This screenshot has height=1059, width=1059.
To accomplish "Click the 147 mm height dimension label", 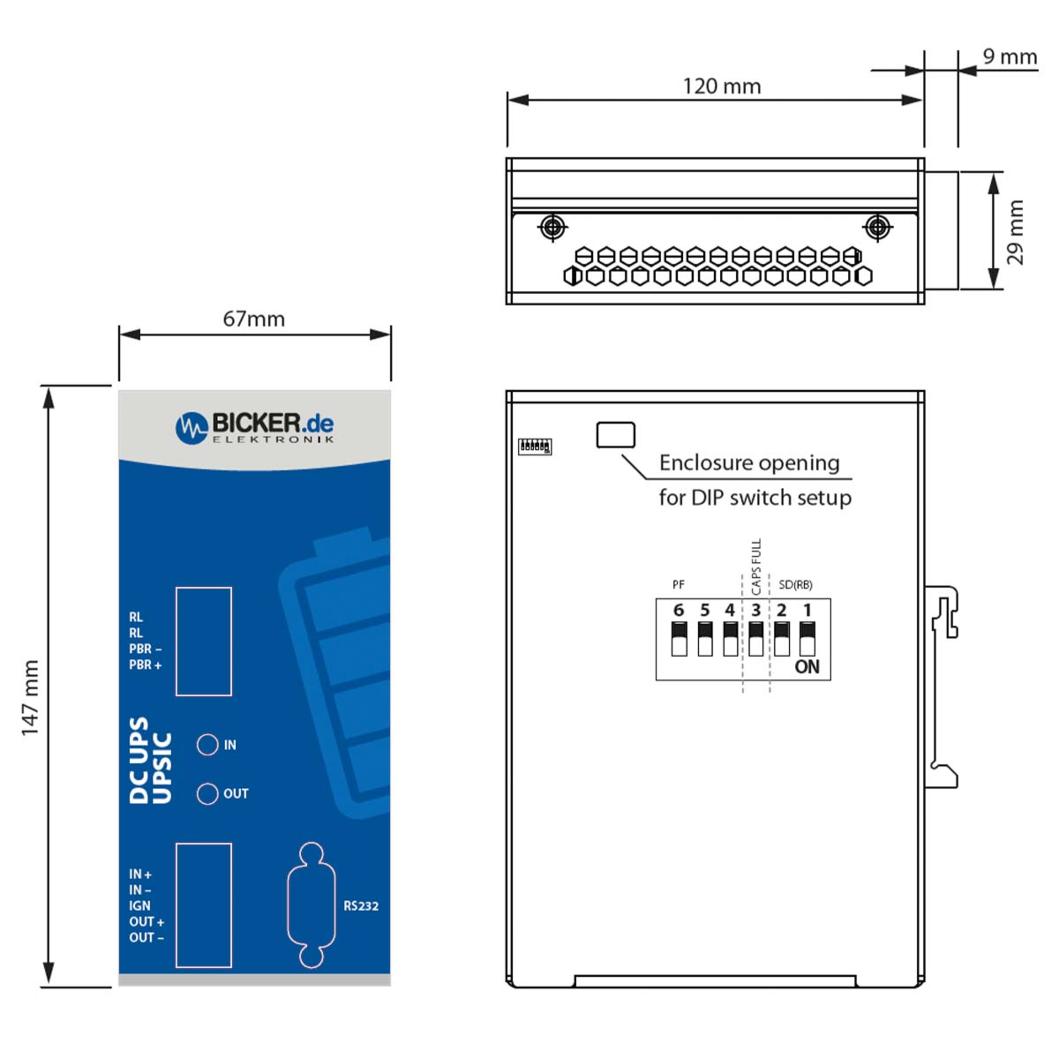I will click(x=30, y=698).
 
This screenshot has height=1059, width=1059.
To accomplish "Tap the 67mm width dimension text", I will click(x=254, y=319).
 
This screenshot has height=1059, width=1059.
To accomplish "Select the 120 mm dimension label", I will click(x=722, y=86).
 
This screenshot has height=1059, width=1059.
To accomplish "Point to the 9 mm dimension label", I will click(x=1010, y=56).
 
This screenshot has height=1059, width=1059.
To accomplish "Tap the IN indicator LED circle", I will click(x=207, y=744).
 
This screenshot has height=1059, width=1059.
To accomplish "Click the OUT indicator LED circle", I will click(x=207, y=793).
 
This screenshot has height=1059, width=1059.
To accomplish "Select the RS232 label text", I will click(x=361, y=905).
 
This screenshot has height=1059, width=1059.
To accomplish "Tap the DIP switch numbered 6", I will click(x=679, y=638).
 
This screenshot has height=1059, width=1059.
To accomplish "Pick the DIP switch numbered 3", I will click(x=755, y=638).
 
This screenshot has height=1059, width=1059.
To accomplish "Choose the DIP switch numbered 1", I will click(x=807, y=638).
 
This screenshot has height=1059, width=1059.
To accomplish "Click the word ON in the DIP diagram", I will click(x=807, y=667).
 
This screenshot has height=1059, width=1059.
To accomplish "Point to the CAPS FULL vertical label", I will click(x=756, y=567).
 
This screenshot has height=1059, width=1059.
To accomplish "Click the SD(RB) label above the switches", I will click(x=795, y=585).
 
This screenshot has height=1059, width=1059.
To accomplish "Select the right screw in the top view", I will click(x=877, y=226).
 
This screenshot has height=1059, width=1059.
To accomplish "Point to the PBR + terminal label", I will click(x=145, y=665).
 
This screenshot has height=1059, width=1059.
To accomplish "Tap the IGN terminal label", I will click(x=140, y=905).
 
